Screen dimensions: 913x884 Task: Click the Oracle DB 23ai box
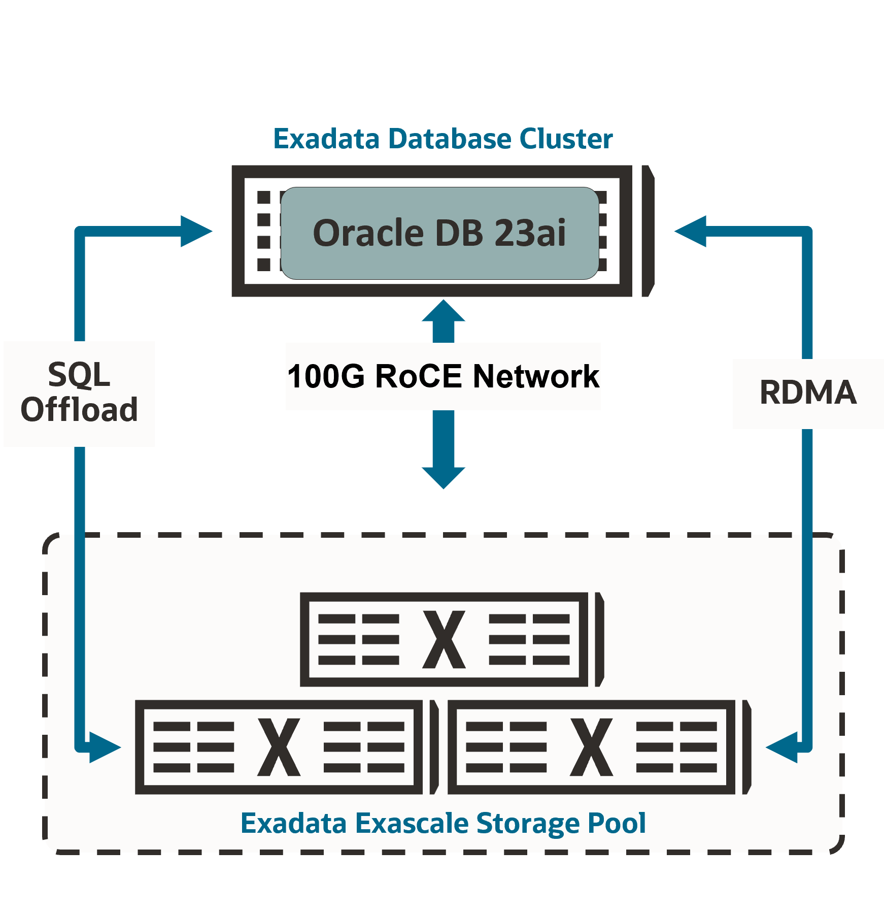439,233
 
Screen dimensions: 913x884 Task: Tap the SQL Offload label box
79,394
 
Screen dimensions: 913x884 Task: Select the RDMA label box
808,394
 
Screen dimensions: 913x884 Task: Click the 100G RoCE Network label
443,376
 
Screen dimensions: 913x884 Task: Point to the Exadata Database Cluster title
443,139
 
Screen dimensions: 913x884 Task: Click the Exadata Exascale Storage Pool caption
443,823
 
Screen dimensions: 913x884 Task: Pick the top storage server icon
452,640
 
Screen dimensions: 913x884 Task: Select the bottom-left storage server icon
287,747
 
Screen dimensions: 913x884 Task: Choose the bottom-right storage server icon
599,747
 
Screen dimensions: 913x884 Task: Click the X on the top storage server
444,639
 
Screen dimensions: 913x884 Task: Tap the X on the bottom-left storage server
279,747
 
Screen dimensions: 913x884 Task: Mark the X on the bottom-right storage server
592,747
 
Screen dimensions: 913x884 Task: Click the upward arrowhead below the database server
444,311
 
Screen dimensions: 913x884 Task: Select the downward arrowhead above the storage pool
444,477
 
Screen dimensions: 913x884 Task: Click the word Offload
79,410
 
